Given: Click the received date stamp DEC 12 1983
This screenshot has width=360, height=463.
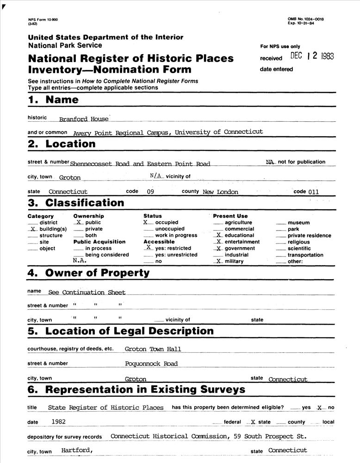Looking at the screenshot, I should point(312,56).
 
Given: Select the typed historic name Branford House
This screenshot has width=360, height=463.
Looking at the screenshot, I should point(84,119).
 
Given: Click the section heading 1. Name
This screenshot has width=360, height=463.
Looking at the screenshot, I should point(53,100).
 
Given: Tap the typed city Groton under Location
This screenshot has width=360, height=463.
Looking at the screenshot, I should point(70,177).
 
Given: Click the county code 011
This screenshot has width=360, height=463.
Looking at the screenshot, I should point(313,191).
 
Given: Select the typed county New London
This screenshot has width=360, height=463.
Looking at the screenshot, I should point(221,192).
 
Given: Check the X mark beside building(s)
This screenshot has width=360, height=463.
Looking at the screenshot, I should point(32,229).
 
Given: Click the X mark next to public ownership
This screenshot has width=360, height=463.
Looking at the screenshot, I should point(79,223).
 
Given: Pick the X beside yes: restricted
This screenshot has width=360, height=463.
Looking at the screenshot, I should point(148,248).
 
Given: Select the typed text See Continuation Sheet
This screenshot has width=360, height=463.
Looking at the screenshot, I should point(87,292).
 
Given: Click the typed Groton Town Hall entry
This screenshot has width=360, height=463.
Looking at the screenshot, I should point(153,349).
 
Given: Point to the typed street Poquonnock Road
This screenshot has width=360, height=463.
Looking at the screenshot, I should point(151,364).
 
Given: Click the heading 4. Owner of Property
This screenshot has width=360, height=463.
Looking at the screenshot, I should point(88,273).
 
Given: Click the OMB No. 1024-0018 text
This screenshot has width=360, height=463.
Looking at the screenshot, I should point(305,19).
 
